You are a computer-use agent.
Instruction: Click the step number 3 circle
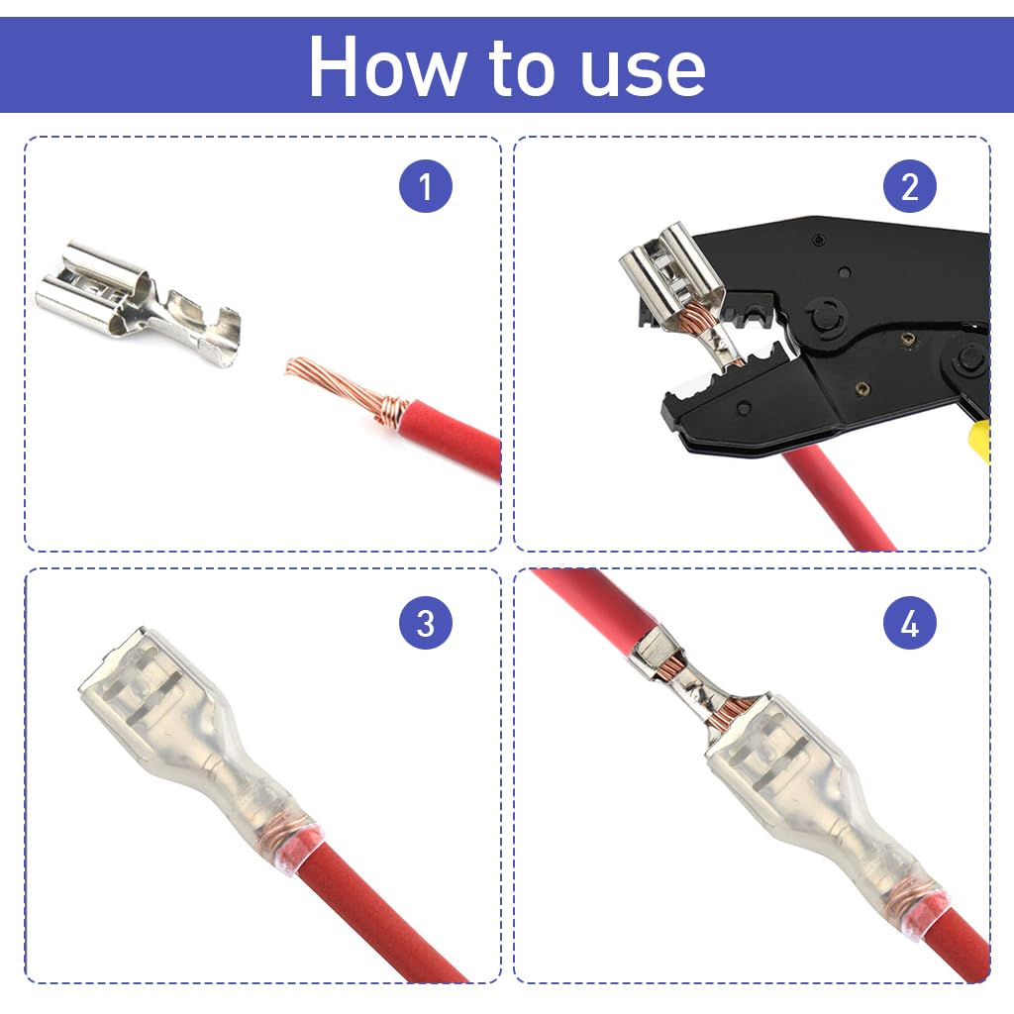point(425,623)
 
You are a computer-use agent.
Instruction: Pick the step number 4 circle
point(909,623)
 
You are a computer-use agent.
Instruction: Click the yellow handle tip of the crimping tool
point(980,441)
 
